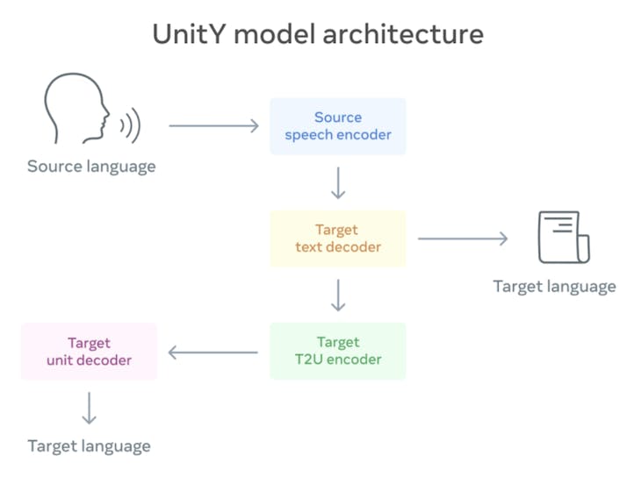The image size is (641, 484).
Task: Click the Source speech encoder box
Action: tap(338, 126)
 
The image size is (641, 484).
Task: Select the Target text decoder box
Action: tap(338, 238)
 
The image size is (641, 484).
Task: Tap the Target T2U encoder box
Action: tap(338, 351)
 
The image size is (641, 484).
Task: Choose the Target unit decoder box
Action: tap(89, 351)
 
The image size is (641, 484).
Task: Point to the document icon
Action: tap(562, 237)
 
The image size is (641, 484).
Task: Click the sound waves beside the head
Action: tap(131, 126)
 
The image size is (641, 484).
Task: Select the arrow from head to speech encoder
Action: tap(213, 126)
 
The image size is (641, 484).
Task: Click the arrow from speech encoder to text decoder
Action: tap(338, 181)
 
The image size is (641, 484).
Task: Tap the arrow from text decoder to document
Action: tap(463, 238)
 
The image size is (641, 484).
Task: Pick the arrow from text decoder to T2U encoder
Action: tap(338, 295)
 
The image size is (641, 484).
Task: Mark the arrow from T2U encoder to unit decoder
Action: tap(212, 352)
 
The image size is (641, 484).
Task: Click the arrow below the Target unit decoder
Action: tap(89, 408)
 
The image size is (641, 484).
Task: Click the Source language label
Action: tap(91, 167)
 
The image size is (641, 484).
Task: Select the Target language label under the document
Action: tap(554, 286)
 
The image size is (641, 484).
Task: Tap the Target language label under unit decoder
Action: tap(89, 445)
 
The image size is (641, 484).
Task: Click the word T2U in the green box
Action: tap(312, 359)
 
